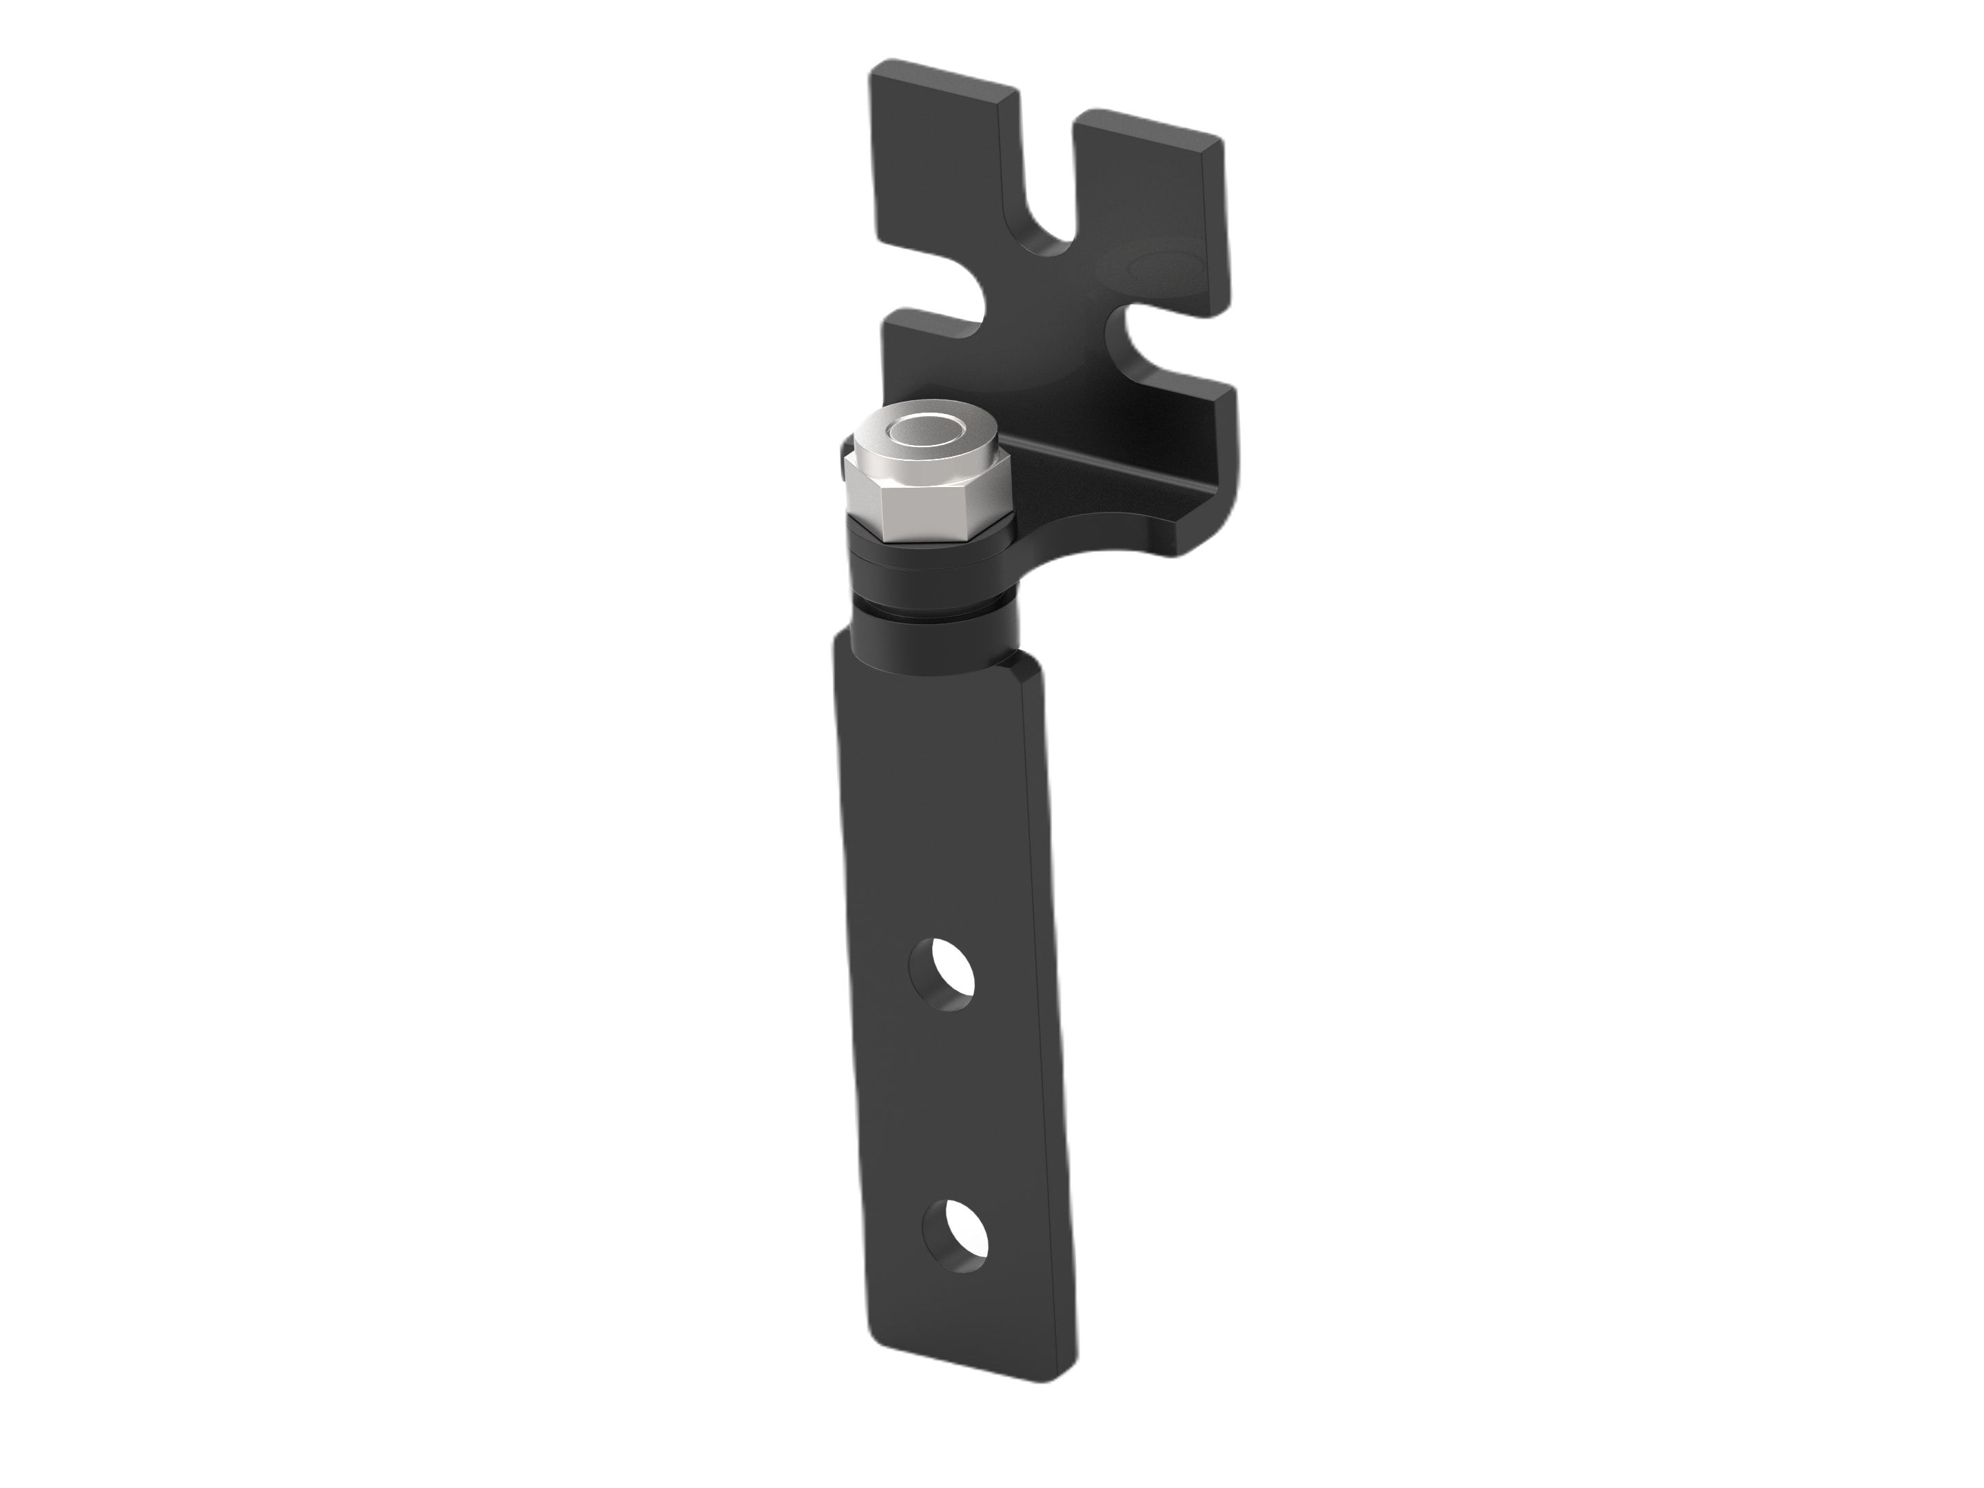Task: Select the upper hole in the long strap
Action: point(941,974)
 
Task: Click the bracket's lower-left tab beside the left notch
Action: point(924,359)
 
